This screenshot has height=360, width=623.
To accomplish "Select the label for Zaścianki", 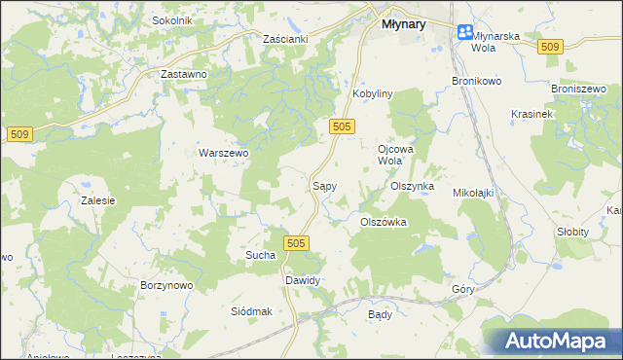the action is (x=285, y=38).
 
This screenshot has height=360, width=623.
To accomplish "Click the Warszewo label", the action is (x=224, y=153).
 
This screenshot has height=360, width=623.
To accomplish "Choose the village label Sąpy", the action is (x=324, y=184).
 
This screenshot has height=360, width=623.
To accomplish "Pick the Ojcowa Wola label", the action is (x=390, y=155).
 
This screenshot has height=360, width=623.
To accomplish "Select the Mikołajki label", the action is (x=474, y=193).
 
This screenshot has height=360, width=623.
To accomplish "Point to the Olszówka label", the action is (x=383, y=222).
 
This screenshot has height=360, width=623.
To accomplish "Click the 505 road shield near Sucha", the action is (x=297, y=243).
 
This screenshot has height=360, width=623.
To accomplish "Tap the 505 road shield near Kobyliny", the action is (x=341, y=126).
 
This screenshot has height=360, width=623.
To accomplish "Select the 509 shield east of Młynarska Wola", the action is (x=551, y=47).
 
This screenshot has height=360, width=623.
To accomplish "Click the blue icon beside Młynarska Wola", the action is (x=465, y=32).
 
